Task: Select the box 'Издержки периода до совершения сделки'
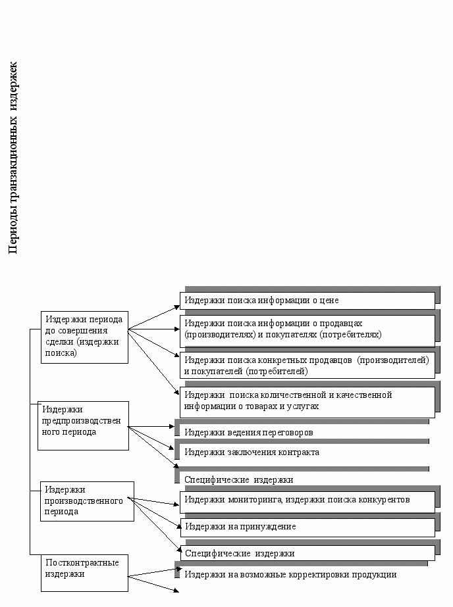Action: tap(84, 337)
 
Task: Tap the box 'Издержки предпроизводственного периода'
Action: tap(83, 425)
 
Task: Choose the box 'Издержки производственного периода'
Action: tap(87, 501)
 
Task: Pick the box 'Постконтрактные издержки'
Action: tap(84, 573)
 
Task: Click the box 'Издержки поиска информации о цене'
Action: tap(307, 301)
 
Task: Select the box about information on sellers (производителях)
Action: tap(307, 331)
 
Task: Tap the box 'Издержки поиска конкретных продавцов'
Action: tap(307, 366)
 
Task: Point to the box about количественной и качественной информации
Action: tap(307, 402)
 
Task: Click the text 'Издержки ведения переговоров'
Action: tap(249, 433)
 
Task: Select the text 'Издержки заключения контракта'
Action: tap(252, 452)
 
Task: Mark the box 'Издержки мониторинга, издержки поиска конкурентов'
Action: tap(307, 502)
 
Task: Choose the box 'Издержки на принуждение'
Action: tap(307, 527)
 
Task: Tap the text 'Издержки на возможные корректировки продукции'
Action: tap(290, 575)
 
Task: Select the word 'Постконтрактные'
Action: tap(82, 562)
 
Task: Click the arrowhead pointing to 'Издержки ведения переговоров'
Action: tap(173, 427)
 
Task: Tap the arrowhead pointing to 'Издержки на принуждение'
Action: tap(178, 527)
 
